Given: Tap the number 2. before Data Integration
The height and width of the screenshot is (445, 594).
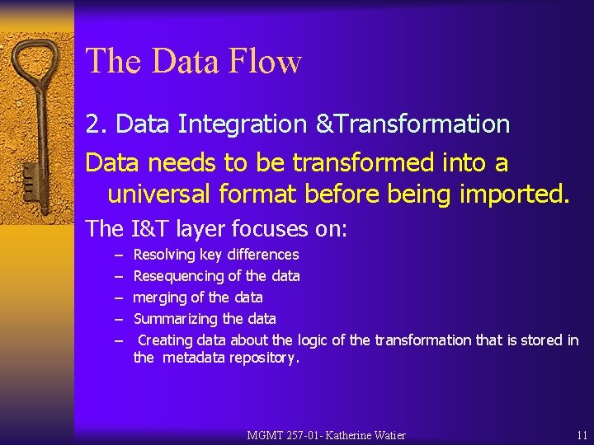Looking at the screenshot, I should (x=97, y=124).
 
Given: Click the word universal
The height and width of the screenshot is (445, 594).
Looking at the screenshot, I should (x=160, y=194).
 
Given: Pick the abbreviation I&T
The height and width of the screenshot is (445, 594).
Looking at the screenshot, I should (x=148, y=227).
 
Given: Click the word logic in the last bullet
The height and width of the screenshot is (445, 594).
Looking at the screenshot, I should (x=312, y=340).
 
